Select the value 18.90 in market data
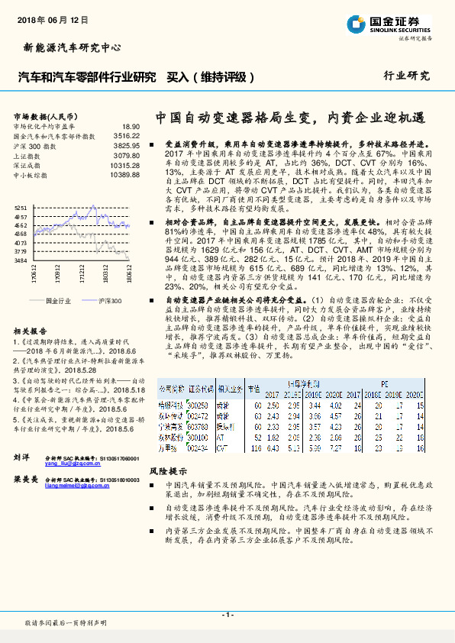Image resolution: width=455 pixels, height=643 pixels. coord(131,126)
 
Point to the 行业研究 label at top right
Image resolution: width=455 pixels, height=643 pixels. coord(406,76)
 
